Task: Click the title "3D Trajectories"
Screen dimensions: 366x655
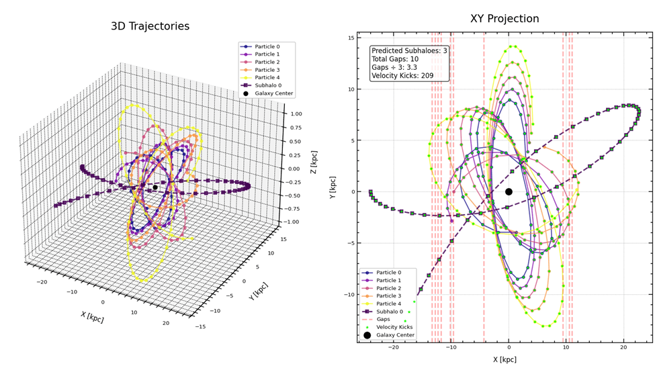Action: point(150,27)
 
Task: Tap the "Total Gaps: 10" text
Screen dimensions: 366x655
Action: point(398,59)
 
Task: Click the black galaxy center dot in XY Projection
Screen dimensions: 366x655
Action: point(509,191)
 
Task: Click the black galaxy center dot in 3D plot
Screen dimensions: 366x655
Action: point(155,187)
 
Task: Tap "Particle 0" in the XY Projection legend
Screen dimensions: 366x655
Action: point(394,273)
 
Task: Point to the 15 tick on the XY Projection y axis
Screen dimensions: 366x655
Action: point(351,38)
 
